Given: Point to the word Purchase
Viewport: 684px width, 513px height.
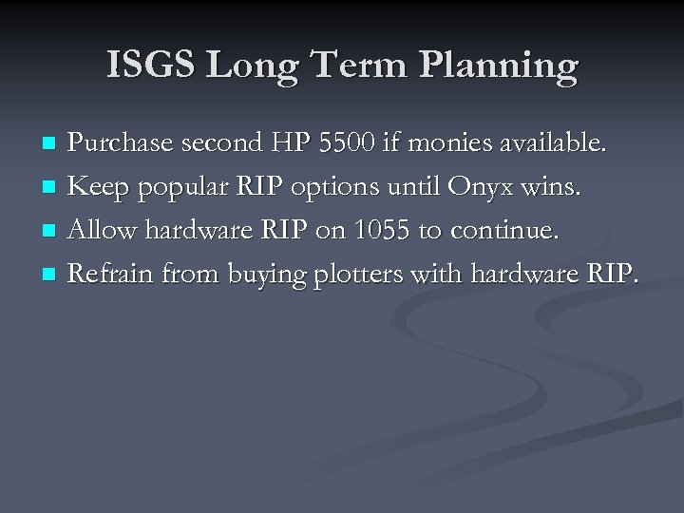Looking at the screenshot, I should [x=119, y=142].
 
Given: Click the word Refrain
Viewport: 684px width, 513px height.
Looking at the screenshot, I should [x=112, y=275].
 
